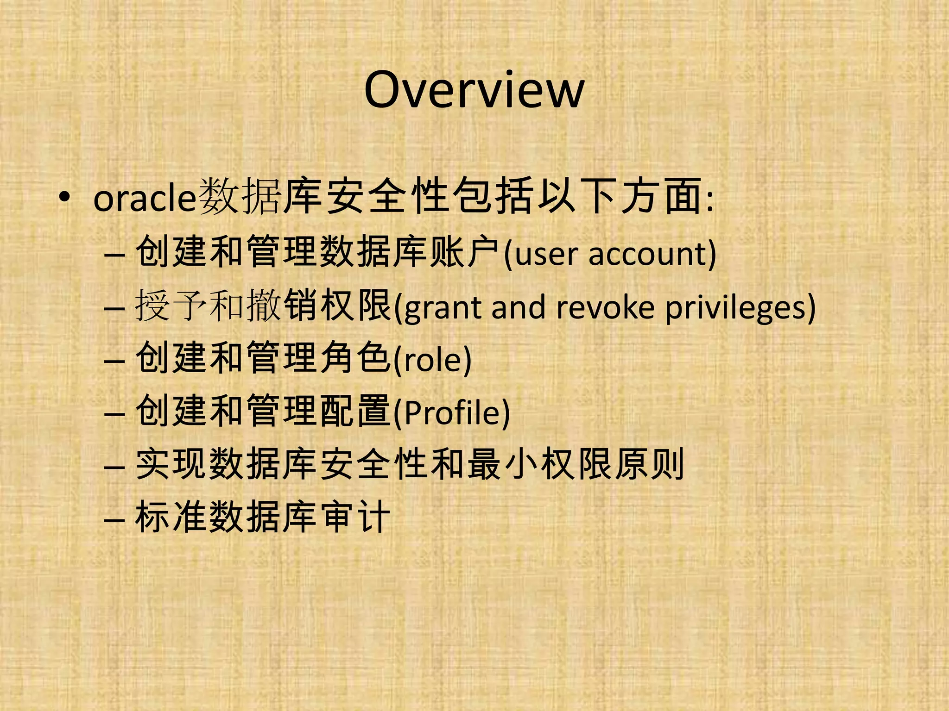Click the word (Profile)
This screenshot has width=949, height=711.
452,412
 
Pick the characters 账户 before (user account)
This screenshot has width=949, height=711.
464,252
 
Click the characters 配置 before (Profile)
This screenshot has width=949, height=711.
355,411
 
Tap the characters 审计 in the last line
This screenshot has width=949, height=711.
355,517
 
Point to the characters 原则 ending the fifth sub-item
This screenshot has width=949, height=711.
649,464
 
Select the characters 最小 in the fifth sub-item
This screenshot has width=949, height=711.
502,464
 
